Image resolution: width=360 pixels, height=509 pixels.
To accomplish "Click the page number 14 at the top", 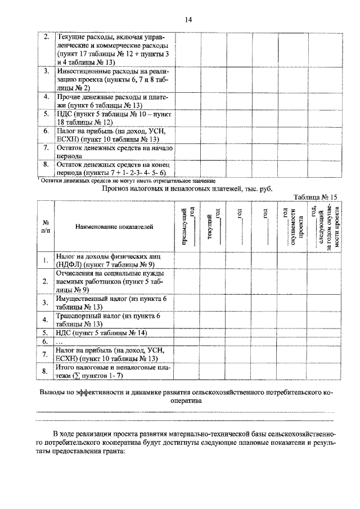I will point(188,20).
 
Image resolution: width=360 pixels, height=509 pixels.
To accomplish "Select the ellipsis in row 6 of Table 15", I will point(61,341).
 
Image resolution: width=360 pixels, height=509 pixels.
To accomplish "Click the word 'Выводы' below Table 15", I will point(53,392).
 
